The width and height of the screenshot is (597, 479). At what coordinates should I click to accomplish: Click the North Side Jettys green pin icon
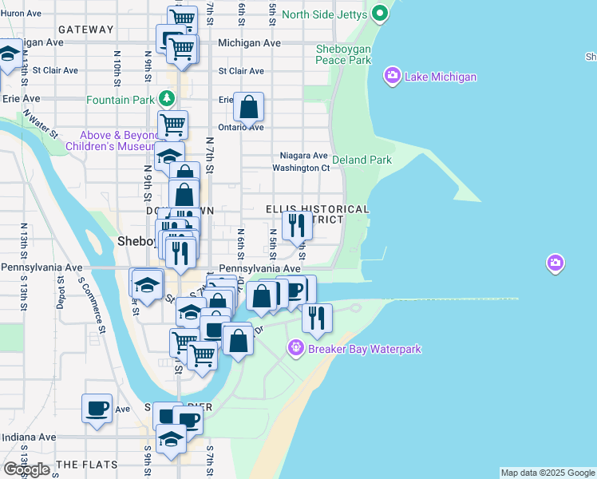380,14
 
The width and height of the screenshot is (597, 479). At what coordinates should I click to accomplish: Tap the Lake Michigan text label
441,77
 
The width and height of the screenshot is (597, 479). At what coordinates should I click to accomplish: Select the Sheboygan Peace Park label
343,53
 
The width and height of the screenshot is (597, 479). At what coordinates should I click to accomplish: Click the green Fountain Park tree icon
166,99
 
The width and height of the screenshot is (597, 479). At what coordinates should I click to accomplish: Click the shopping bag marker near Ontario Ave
249,107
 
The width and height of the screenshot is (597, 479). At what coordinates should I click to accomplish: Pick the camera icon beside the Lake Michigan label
393,77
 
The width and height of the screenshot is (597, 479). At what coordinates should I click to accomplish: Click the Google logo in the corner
26,469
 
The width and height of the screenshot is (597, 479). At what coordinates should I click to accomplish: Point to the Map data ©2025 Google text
548,473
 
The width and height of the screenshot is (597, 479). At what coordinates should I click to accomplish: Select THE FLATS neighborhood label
88,464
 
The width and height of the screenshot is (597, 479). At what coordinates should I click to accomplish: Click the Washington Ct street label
301,168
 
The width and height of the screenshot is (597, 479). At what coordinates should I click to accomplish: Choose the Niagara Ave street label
303,155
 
